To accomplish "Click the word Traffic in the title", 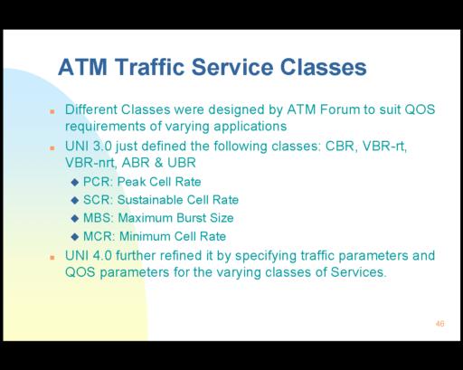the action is [149, 67].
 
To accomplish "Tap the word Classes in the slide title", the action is [324, 67].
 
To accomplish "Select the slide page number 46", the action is [439, 324].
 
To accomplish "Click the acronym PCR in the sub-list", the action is [97, 182].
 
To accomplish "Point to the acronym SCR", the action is [97, 200].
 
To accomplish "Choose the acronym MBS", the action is [97, 218].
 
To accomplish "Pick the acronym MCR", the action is [98, 236].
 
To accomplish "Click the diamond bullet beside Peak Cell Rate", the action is [75, 183].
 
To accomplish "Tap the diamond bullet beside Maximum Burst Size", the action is [75, 219].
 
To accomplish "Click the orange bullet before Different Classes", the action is [52, 111].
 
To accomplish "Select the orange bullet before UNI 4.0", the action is [52, 258].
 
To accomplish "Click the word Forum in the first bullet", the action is [340, 109].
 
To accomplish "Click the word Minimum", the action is [145, 236].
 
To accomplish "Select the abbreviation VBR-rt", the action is [384, 147].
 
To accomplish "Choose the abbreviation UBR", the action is [182, 163].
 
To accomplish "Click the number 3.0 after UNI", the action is [102, 147].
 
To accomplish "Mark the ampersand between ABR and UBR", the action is [158, 163].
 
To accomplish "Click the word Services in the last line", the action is [358, 272].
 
